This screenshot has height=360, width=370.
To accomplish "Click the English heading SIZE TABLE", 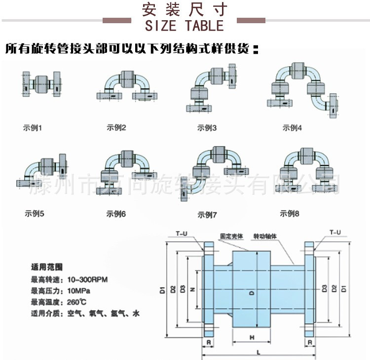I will (185, 25).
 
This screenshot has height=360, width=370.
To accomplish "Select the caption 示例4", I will (292, 128).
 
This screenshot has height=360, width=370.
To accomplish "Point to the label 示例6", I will (116, 214).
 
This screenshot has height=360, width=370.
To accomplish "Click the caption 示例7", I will (207, 215).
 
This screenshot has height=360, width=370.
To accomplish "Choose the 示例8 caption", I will (290, 214).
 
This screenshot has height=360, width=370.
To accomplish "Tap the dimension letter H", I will (252, 338).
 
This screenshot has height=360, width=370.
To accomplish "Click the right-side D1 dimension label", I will (344, 289).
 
